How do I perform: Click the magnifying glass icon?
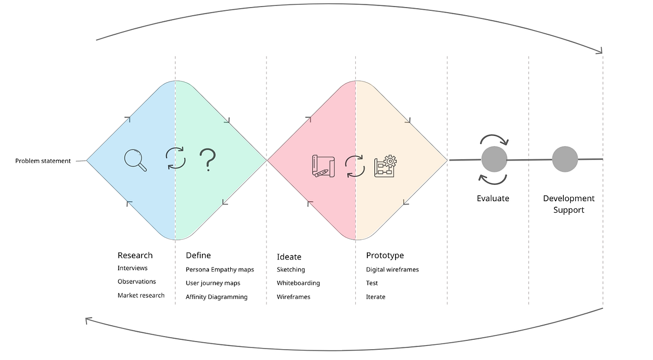(135, 160)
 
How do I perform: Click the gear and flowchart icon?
(385, 165)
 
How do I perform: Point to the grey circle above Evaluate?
(494, 159)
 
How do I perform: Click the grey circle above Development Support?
(565, 159)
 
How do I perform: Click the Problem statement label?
(43, 161)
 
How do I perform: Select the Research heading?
(135, 255)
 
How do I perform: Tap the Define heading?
(198, 255)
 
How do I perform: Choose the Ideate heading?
(289, 257)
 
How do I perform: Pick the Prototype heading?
(385, 255)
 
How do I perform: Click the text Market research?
(141, 295)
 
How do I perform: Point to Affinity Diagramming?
(217, 297)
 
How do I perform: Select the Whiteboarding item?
(298, 283)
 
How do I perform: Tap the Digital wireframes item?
(392, 269)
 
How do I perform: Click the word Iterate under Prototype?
(375, 297)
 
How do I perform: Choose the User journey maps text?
(213, 283)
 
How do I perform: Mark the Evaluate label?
(493, 198)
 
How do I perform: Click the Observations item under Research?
(137, 282)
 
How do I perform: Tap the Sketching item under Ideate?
(291, 269)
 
